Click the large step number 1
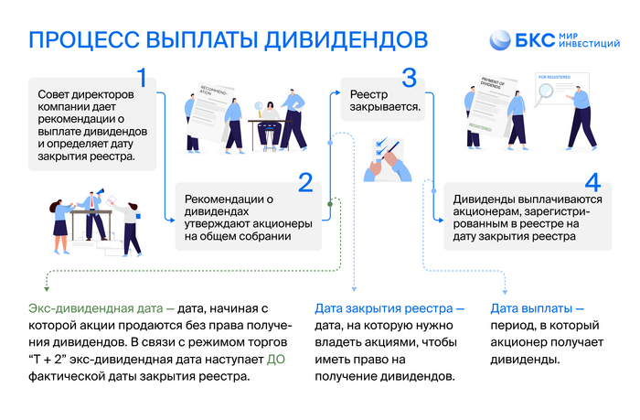click(142, 76)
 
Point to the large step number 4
click(592, 181)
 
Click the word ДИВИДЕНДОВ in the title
click(340, 39)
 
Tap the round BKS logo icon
click(501, 40)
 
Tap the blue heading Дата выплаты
click(537, 308)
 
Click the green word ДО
click(276, 360)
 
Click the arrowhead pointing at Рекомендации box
click(172, 220)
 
